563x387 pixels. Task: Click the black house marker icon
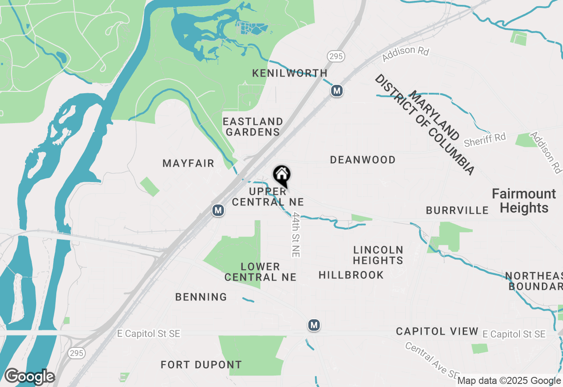click(281, 175)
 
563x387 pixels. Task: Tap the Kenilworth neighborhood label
click(290, 73)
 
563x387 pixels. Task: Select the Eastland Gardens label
click(253, 127)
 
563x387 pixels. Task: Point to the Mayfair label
click(188, 164)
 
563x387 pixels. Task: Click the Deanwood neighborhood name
click(363, 160)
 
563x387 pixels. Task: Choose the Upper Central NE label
click(268, 197)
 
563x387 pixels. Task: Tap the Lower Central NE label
click(260, 272)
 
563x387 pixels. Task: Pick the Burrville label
click(457, 210)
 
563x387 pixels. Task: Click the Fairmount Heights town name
click(524, 201)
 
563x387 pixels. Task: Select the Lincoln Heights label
click(378, 255)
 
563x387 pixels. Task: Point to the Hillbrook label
click(351, 275)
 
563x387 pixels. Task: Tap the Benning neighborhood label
click(201, 297)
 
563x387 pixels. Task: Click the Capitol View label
click(437, 331)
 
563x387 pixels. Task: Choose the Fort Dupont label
click(201, 365)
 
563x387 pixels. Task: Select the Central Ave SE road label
click(432, 359)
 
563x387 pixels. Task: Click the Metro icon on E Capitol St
click(314, 325)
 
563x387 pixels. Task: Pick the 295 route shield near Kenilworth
click(336, 56)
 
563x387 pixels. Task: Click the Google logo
click(29, 377)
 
